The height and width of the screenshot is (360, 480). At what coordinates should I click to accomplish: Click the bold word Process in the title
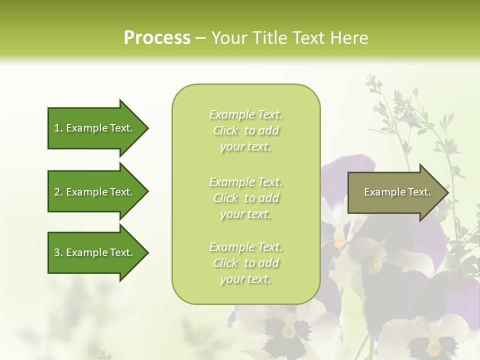coord(157,38)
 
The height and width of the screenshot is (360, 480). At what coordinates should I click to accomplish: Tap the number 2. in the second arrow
coord(58,192)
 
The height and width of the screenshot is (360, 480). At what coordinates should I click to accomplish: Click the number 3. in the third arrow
coord(58,252)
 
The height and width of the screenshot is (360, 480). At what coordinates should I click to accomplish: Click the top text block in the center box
coord(245,130)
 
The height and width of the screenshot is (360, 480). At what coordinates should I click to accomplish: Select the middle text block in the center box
coord(245,198)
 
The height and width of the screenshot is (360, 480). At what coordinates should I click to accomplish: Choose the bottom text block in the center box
coord(245,263)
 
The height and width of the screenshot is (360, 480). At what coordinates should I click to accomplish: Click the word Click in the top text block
coord(225,130)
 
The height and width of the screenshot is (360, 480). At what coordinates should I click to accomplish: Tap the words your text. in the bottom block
coord(245,279)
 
